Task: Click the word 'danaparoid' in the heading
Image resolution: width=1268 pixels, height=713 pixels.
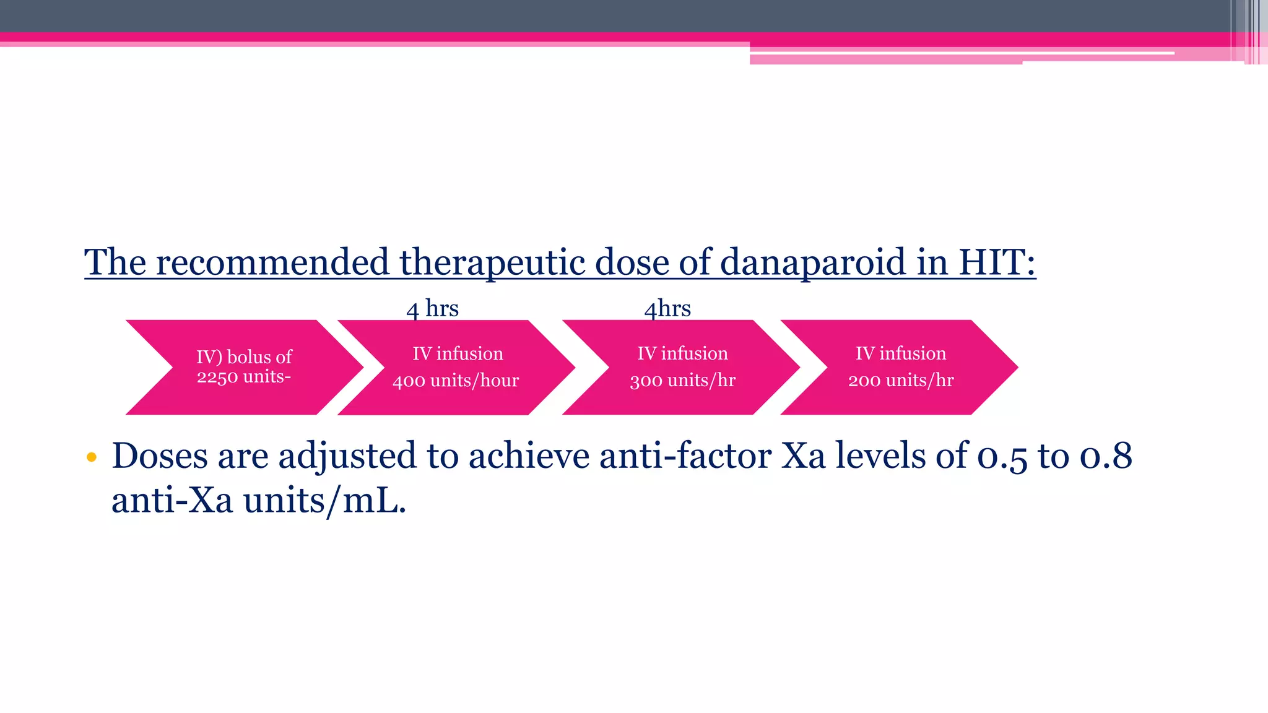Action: [813, 262]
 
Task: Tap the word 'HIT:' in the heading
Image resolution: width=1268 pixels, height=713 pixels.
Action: [997, 262]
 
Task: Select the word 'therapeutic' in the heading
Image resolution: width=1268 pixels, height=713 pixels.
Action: [492, 262]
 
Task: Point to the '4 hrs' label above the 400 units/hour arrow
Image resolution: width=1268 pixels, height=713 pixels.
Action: [432, 308]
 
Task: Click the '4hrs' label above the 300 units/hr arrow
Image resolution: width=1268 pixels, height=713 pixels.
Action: [667, 308]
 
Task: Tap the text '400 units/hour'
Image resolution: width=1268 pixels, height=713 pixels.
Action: [456, 381]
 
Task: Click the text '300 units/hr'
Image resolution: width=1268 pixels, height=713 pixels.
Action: [682, 381]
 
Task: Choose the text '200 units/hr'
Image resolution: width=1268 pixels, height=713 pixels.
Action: [901, 381]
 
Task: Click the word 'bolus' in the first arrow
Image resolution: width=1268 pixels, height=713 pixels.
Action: [250, 357]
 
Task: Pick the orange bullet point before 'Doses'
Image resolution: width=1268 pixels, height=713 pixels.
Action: [92, 457]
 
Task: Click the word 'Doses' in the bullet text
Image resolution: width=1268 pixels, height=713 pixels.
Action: [160, 456]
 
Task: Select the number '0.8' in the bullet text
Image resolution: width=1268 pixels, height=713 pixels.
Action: [1106, 456]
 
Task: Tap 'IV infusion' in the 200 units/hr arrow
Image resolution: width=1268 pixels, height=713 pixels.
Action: [901, 353]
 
